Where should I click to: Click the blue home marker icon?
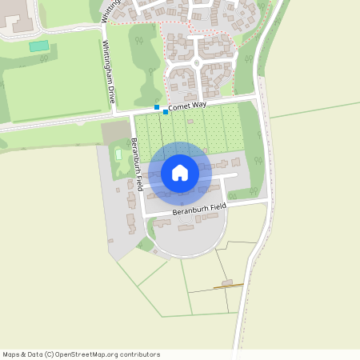pyautogui.click(x=179, y=173)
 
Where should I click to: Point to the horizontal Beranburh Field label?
pyautogui.click(x=199, y=209)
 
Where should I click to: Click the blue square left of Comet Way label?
pyautogui.click(x=157, y=106)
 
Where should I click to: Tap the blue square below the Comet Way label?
pyautogui.click(x=166, y=112)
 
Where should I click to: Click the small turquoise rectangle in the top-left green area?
pyautogui.click(x=38, y=46)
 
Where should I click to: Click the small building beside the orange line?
pyautogui.click(x=227, y=282)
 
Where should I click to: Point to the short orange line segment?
pyautogui.click(x=228, y=286)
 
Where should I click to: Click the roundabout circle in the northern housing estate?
pyautogui.click(x=197, y=62)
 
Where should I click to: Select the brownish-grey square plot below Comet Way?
pyautogui.click(x=115, y=133)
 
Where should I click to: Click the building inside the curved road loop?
pyautogui.click(x=186, y=228)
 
